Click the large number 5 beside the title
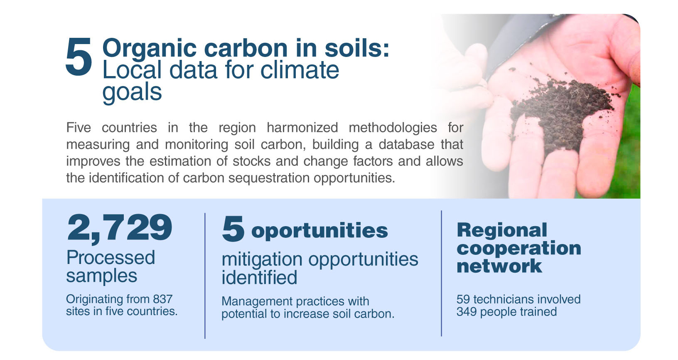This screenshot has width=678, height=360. (79, 57)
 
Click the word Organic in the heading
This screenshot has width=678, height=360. (150, 49)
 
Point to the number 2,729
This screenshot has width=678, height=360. (120, 228)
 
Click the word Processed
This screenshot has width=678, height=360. (111, 258)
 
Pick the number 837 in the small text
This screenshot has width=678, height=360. (162, 299)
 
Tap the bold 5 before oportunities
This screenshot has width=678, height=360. (233, 229)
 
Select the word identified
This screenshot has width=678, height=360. (259, 277)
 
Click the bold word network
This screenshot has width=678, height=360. (499, 266)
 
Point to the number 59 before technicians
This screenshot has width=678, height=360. (463, 299)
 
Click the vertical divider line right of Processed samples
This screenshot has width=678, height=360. (205, 276)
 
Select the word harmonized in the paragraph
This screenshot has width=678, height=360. (302, 128)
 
